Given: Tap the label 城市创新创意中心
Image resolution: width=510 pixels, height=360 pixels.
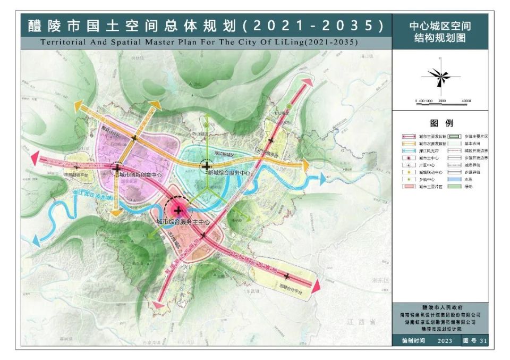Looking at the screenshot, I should [x=140, y=174].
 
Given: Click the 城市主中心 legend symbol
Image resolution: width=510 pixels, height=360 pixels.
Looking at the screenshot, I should [x=407, y=158].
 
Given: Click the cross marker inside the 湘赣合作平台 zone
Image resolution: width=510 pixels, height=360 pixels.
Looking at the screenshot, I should [x=287, y=276].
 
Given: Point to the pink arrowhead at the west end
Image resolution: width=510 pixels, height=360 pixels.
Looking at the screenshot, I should [x=35, y=157].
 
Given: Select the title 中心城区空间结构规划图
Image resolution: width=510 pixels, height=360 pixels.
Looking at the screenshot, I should [x=440, y=31].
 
